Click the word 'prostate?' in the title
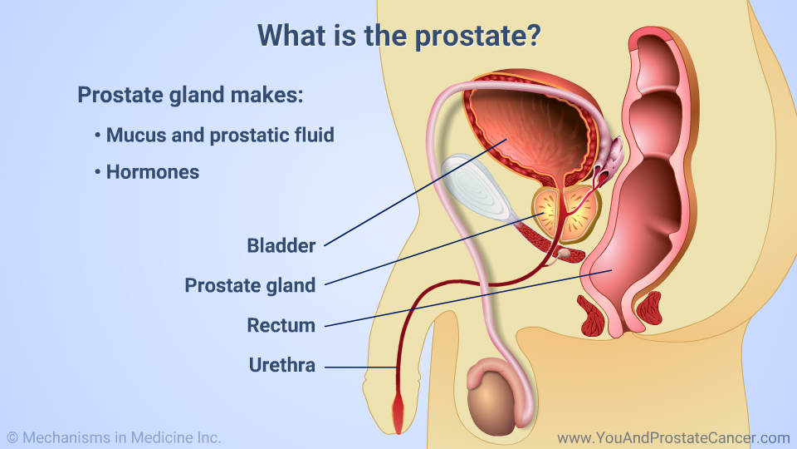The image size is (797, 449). [478, 36]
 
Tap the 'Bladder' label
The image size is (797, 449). [281, 246]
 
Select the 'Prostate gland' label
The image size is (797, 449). [250, 285]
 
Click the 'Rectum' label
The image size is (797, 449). [281, 325]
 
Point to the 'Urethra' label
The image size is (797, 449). [282, 365]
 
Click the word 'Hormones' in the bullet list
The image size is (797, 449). [153, 172]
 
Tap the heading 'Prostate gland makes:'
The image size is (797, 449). [190, 95]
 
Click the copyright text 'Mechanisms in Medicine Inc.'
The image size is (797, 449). [121, 438]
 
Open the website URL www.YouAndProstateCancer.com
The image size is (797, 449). [673, 438]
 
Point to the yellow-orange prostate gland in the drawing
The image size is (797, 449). [565, 214]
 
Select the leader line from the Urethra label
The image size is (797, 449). [360, 367]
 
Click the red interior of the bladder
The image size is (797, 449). [529, 133]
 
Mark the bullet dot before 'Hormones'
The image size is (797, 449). [98, 172]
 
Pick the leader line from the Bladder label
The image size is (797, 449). [415, 192]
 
